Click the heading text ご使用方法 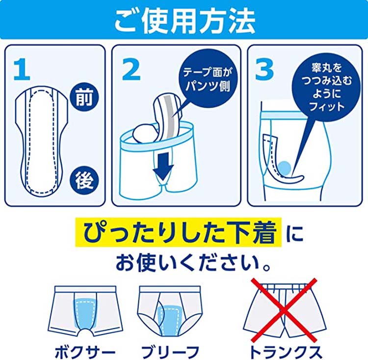[184, 19]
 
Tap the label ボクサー [84, 350]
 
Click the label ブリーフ [170, 350]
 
